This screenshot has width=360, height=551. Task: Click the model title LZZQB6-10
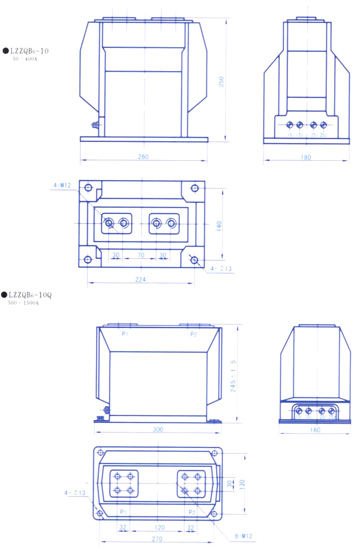pos(29,50)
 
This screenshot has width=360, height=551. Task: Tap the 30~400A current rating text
pos(25,59)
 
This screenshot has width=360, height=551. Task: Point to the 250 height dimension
pos(221,82)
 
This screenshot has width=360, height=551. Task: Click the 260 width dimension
pos(144,156)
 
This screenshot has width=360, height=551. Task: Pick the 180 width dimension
pos(306,157)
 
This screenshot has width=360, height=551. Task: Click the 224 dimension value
pos(140,279)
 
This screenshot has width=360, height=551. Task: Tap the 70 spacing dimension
pos(141,255)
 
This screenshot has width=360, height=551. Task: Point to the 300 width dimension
pos(158,430)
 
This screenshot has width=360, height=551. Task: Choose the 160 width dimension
pos(315,430)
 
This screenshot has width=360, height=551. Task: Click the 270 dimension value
pos(157,539)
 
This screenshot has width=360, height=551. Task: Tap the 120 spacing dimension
pos(159,527)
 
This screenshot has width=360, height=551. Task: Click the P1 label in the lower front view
pos(125,334)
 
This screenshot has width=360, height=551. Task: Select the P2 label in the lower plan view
pos(192,512)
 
